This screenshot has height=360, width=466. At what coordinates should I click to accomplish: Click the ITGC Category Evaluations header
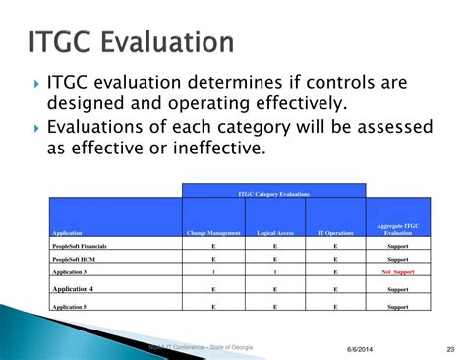(273, 194)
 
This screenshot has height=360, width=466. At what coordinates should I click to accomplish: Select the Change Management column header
(213, 233)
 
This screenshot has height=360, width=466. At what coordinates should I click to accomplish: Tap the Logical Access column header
(275, 233)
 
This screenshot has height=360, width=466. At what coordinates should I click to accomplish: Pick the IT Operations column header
(335, 233)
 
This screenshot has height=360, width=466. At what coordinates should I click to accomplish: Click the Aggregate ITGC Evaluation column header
(398, 229)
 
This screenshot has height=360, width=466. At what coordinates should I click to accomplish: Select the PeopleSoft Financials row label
(80, 246)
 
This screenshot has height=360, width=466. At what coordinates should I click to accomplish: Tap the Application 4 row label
(72, 289)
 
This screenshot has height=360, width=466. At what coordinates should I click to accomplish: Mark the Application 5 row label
(69, 307)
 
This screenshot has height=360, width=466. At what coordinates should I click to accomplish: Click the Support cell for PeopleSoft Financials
(398, 246)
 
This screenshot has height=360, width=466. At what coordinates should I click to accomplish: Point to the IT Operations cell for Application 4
(335, 290)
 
